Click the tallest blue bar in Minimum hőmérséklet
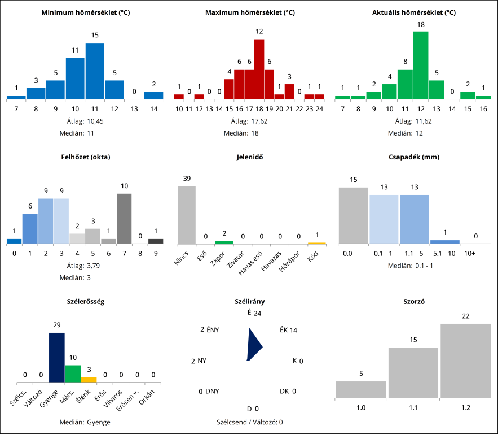95,71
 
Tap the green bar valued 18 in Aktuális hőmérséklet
421,65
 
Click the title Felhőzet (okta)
86,157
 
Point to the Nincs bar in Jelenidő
187,215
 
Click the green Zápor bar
224,242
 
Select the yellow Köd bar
317,243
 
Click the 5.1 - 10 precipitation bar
444,242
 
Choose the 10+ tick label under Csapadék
469,254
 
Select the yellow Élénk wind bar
89,380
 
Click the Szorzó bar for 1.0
361,389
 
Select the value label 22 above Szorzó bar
465,316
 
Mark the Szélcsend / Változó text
249,422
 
